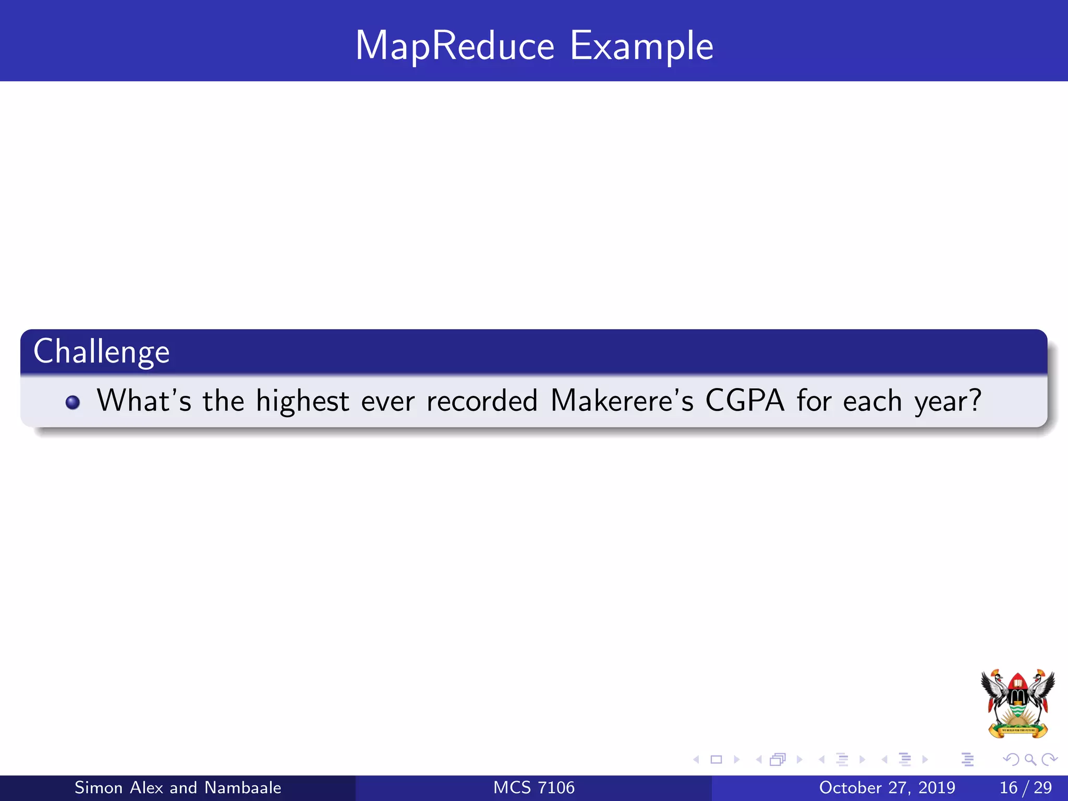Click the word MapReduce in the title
(454, 46)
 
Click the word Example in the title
(641, 46)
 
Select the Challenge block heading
(102, 351)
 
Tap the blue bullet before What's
(72, 402)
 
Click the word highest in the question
(302, 401)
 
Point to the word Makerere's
(622, 401)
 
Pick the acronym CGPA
(744, 401)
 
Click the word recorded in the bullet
(481, 401)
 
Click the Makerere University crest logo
(1017, 703)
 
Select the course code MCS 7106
(534, 787)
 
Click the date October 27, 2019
(887, 787)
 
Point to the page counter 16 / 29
(1025, 787)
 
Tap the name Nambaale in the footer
(243, 787)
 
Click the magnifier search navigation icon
(1030, 760)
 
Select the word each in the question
(872, 401)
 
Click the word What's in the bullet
(144, 401)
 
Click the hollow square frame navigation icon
(717, 760)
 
